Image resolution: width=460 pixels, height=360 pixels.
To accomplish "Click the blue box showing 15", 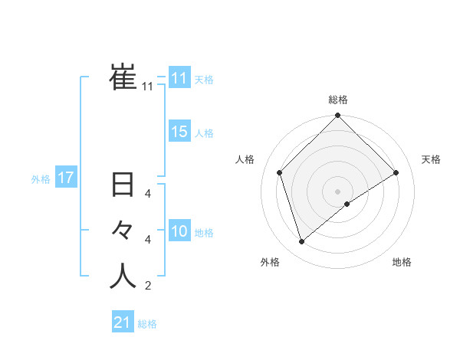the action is point(179,132).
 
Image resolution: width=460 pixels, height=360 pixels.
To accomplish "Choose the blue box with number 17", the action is point(65,178).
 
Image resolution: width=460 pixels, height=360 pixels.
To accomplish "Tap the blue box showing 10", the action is point(179,231).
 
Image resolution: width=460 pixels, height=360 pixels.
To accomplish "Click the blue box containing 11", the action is point(179,78).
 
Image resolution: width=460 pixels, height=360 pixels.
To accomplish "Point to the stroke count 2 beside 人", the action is point(148,287).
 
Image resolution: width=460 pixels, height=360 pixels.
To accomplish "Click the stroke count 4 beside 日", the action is point(148,194).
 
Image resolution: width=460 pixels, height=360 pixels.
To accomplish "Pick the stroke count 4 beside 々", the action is point(148,240).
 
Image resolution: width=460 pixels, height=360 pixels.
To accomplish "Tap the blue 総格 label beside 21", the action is point(147,324).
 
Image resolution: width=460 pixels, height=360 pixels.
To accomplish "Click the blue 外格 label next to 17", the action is point(41,179).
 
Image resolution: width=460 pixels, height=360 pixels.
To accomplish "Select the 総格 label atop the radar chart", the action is point(338,100).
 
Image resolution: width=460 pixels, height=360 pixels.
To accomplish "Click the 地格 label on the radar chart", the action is point(402,263).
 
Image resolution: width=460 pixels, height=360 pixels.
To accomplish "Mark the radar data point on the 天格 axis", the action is point(396,172).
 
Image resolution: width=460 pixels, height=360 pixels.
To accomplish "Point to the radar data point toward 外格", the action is point(302,241).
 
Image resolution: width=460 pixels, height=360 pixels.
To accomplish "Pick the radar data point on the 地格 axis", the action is point(347,204).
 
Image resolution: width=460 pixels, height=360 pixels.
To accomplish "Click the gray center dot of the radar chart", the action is point(338,191).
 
